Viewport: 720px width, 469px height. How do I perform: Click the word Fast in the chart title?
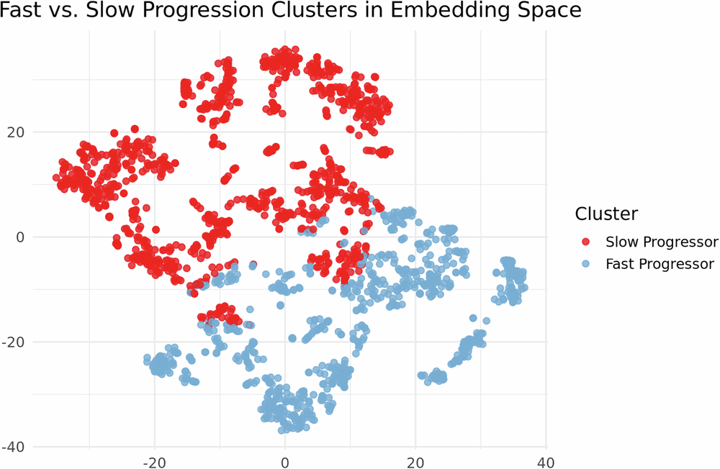coord(17,12)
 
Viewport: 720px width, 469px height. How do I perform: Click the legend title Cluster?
coord(606,214)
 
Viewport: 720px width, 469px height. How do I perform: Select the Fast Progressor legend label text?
coord(660,264)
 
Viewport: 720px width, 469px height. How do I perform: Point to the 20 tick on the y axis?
coord(16,132)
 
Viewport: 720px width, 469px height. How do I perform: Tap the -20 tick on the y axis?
coord(14,342)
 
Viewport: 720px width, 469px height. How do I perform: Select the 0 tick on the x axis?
coord(285,460)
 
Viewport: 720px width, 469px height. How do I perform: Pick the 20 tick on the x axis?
coord(415,460)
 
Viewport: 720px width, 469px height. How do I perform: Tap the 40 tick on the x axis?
coord(546,460)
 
